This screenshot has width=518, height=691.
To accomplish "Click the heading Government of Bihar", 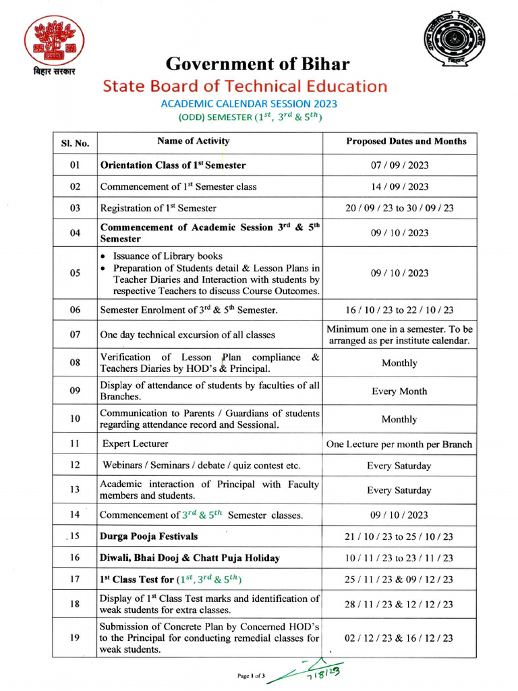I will (258, 65).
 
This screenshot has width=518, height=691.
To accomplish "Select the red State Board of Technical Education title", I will (245, 86).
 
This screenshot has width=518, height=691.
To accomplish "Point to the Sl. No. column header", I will (75, 142).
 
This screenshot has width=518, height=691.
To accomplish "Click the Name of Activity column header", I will (193, 141).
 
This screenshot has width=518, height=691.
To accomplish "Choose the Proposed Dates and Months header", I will (405, 141).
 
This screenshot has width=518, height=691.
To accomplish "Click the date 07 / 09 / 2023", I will (399, 165).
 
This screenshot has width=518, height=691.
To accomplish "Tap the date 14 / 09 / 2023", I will (399, 186).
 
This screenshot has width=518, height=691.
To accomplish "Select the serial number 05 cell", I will (75, 273).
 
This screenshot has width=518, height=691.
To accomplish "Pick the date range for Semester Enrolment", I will (399, 310).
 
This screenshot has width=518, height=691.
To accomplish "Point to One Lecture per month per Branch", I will (399, 444).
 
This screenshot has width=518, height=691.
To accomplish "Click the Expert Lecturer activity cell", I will (136, 444).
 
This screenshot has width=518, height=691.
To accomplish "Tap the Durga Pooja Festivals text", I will (149, 536).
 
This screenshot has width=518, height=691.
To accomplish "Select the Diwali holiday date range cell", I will (399, 558).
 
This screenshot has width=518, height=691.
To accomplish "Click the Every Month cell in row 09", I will (399, 391).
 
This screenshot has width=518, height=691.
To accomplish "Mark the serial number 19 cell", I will (75, 638).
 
